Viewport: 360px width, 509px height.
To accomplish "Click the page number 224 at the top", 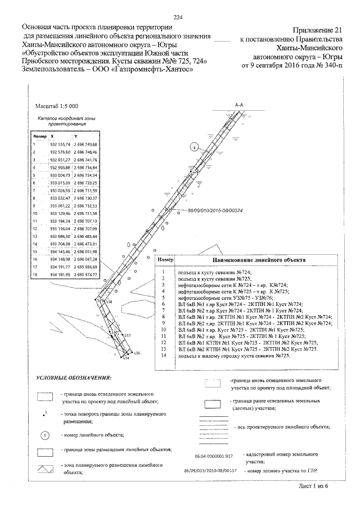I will click(179, 17).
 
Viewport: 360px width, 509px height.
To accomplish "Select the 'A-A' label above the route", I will click(238, 105).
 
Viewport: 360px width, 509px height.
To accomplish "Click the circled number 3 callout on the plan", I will click(194, 148).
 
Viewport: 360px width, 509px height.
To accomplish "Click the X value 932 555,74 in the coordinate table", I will click(60, 145).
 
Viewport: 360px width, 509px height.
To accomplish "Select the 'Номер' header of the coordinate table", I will click(39, 136).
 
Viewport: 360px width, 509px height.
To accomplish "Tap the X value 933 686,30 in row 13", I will click(60, 237).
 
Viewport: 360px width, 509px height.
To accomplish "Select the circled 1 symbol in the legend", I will click(46, 434).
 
